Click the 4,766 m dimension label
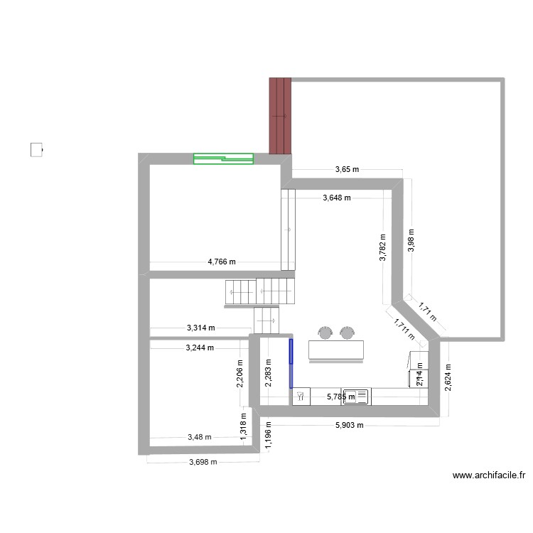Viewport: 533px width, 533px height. pyautogui.click(x=221, y=262)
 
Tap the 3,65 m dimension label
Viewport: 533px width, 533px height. pyautogui.click(x=348, y=169)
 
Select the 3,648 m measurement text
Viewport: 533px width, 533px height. pyautogui.click(x=336, y=198)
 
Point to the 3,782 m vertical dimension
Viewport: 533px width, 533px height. pyautogui.click(x=382, y=249)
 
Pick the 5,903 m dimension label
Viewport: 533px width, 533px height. pyautogui.click(x=349, y=426)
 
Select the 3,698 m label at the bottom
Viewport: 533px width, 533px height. pyautogui.click(x=203, y=462)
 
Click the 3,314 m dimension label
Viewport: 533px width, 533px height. pyautogui.click(x=200, y=328)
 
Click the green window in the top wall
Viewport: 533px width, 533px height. pyautogui.click(x=223, y=159)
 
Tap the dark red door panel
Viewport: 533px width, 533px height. pyautogui.click(x=280, y=115)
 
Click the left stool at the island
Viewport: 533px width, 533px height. pyautogui.click(x=326, y=332)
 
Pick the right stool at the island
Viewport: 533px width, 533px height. pyautogui.click(x=347, y=332)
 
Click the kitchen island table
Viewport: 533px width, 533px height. pyautogui.click(x=336, y=349)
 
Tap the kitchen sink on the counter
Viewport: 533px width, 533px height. pyautogui.click(x=355, y=397)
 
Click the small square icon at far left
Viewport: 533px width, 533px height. pyautogui.click(x=36, y=150)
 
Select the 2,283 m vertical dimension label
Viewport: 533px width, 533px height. pyautogui.click(x=267, y=372)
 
